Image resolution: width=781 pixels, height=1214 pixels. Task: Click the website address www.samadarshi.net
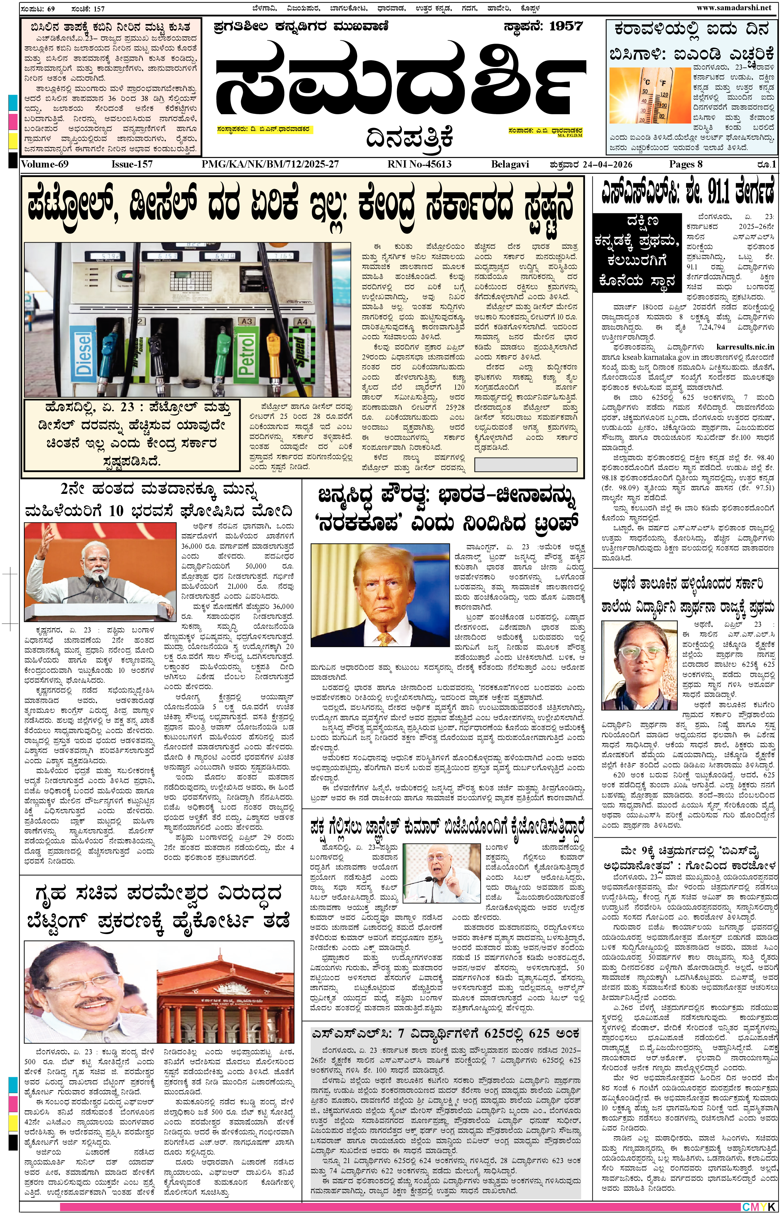[x=733, y=7]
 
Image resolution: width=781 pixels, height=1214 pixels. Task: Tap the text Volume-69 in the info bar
[x=45, y=164]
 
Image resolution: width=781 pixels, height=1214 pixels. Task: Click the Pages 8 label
[x=686, y=164]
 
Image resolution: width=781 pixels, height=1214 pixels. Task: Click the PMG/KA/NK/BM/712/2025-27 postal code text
[x=270, y=164]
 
